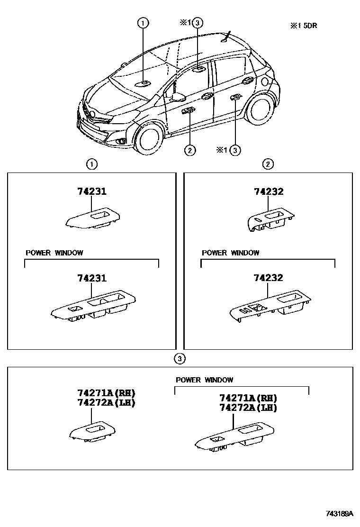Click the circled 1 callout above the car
[143, 22]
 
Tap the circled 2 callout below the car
[189, 150]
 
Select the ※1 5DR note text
[304, 26]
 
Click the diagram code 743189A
[339, 513]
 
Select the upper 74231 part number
[92, 191]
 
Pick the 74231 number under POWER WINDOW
[92, 278]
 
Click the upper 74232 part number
[269, 191]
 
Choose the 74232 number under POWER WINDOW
[269, 278]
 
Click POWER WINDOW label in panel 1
[54, 253]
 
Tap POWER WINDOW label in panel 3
[204, 380]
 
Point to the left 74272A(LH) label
[107, 403]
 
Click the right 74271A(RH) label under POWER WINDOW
[248, 398]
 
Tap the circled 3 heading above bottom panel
[180, 359]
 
